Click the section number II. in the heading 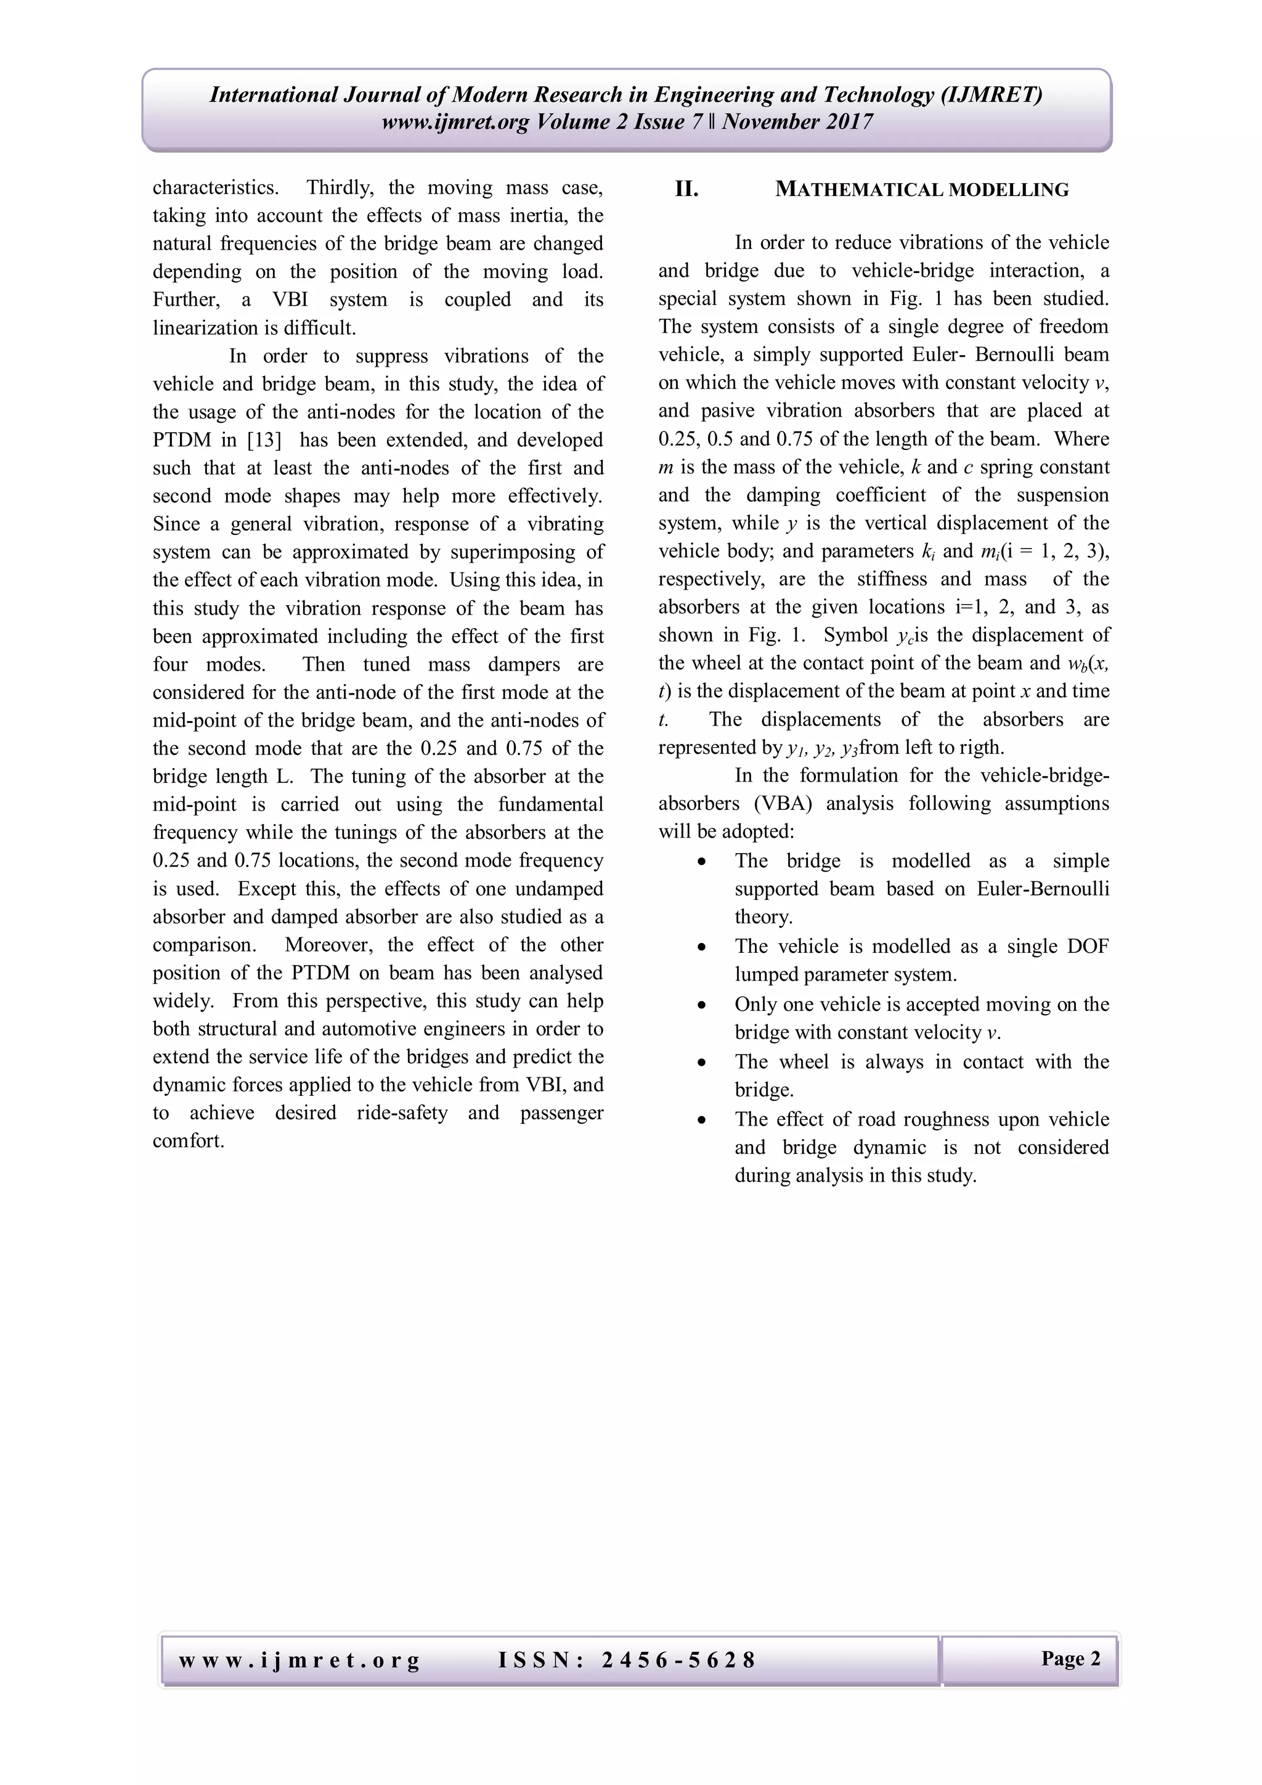686,189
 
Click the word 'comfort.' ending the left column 188,1142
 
